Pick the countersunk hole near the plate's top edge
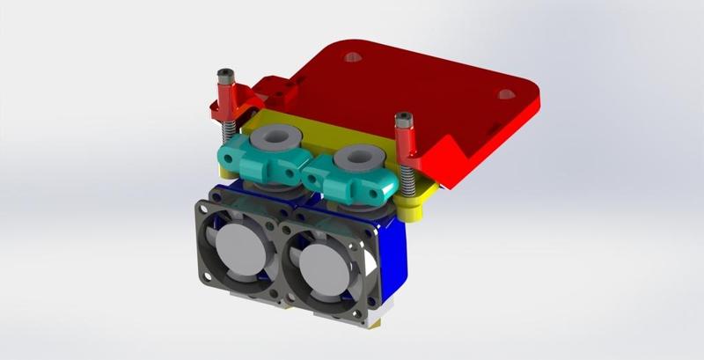353,58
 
